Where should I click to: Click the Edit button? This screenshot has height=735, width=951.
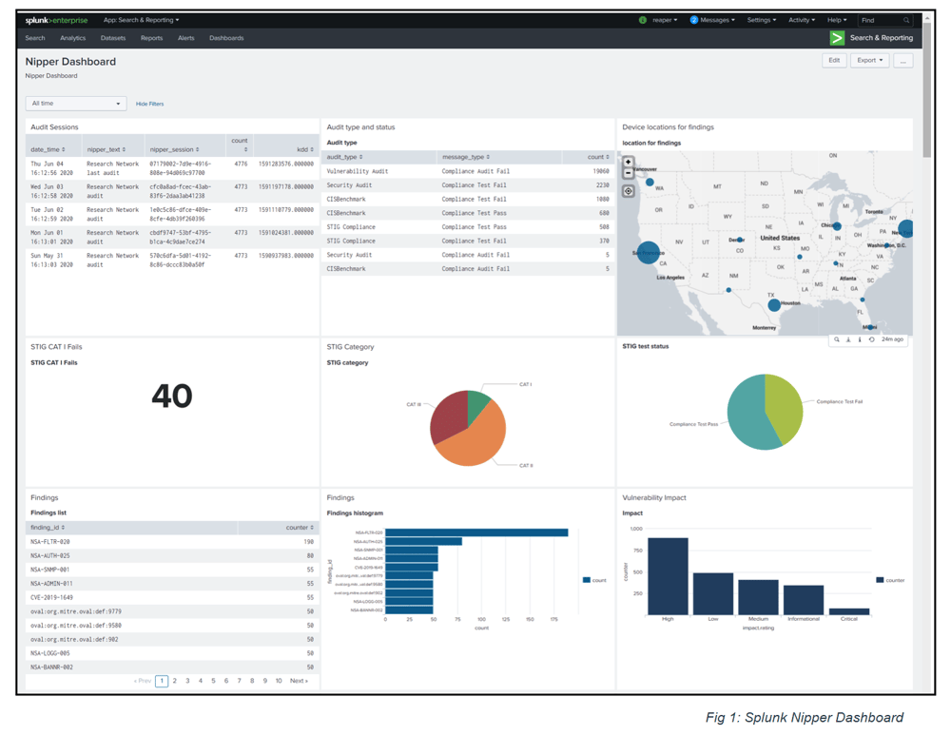[833, 60]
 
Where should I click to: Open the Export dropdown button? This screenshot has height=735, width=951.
[869, 60]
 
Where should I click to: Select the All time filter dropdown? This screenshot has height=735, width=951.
[76, 104]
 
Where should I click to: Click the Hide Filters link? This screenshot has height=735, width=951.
[149, 104]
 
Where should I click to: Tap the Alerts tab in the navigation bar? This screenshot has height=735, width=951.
[185, 38]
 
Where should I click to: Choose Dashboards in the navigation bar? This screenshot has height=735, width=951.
[226, 38]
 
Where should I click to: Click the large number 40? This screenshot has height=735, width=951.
[171, 396]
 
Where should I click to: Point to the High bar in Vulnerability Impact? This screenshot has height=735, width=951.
[668, 576]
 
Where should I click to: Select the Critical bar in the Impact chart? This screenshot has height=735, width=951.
[849, 611]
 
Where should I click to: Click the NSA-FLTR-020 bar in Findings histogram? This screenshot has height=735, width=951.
[476, 532]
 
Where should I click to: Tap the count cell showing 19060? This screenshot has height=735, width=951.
[600, 171]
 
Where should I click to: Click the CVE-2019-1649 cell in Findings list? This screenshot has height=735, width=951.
[51, 597]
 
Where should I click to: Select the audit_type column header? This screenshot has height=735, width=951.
[344, 157]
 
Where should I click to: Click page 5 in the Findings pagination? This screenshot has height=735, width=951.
[213, 681]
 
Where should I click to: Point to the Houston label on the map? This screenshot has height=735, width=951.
[790, 303]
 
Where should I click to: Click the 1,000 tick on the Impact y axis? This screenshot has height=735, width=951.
[636, 529]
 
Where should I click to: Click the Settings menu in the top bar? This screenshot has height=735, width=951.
[761, 20]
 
